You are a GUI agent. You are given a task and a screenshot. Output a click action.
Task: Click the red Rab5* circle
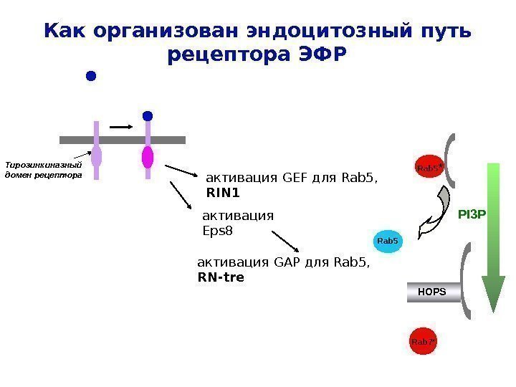[428, 168]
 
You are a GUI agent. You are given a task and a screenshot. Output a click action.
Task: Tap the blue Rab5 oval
[387, 242]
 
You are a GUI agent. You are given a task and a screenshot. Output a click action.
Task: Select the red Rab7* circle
[424, 342]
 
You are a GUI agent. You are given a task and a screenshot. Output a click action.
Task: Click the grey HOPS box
[433, 292]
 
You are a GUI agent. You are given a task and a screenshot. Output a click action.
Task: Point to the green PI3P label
[472, 213]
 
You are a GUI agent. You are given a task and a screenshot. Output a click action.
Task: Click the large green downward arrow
[493, 236]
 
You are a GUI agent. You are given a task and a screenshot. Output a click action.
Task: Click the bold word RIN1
[223, 193]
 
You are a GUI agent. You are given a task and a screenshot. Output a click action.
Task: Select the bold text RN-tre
[221, 276]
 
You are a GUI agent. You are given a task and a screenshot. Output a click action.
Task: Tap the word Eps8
[219, 231]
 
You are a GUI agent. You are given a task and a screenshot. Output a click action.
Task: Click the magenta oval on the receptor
[148, 156]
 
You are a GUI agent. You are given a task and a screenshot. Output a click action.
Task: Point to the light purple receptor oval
[96, 156]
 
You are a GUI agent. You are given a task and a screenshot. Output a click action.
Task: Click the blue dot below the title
[90, 76]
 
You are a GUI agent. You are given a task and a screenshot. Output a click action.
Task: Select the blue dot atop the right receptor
[148, 115]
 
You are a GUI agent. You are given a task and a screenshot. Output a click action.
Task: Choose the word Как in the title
[65, 32]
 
